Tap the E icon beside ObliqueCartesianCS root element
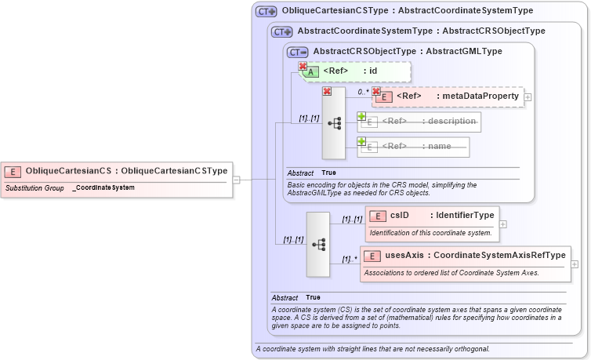pos(13,170)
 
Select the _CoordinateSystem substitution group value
pos(103,188)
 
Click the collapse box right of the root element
pos(237,179)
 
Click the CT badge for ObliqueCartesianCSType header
pos(266,12)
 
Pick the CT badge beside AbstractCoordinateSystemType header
pos(281,32)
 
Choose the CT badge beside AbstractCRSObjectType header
pos(297,52)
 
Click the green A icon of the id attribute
pos(310,71)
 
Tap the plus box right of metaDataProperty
pos(528,97)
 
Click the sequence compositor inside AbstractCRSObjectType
pos(334,123)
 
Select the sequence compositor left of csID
pos(318,244)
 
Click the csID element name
pos(400,215)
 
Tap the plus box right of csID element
pos(503,224)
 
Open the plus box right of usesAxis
pos(575,264)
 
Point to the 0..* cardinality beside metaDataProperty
pos(363,92)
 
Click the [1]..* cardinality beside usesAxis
pos(349,260)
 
